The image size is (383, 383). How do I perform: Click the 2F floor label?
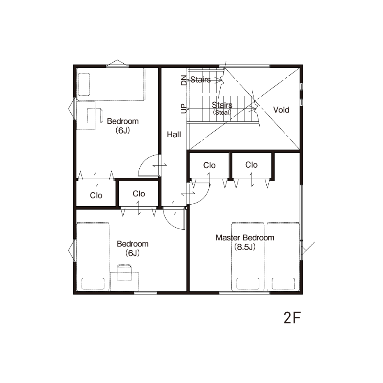pyautogui.click(x=292, y=318)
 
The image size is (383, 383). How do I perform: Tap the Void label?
pyautogui.click(x=281, y=110)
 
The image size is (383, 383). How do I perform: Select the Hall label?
pyautogui.click(x=174, y=134)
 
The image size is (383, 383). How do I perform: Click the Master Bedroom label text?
pyautogui.click(x=245, y=238)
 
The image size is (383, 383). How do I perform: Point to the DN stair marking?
pyautogui.click(x=184, y=80)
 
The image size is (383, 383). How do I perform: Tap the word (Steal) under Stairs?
pyautogui.click(x=222, y=113)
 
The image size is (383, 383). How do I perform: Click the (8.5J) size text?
pyautogui.click(x=245, y=247)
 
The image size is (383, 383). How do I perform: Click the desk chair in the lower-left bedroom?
pyautogui.click(x=125, y=272)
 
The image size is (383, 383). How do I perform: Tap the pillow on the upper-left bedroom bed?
pyautogui.click(x=84, y=85)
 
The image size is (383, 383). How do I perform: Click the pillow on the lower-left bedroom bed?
pyautogui.click(x=93, y=284)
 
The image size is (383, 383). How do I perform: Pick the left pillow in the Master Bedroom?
pyautogui.click(x=248, y=284)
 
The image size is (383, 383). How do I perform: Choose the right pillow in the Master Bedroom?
pyautogui.click(x=283, y=284)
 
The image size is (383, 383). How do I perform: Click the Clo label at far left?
pyautogui.click(x=96, y=196)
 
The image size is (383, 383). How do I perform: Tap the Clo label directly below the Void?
pyautogui.click(x=251, y=165)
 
